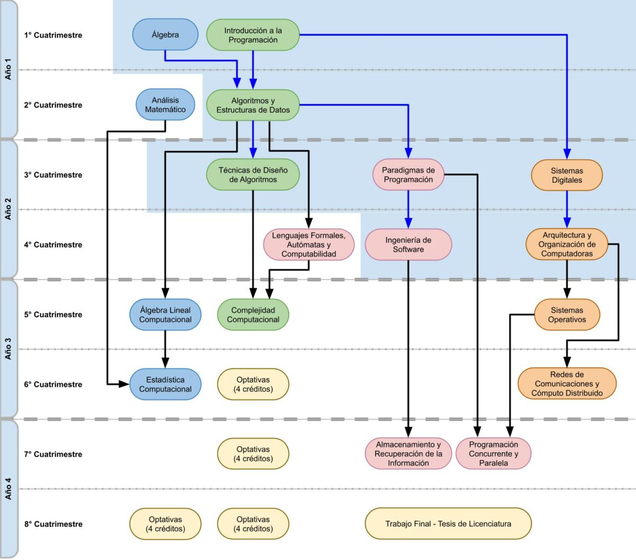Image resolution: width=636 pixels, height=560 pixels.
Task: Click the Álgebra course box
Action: (165, 35)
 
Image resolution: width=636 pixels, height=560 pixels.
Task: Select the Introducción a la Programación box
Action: (253, 35)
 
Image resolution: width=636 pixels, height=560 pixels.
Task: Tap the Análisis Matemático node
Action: (165, 105)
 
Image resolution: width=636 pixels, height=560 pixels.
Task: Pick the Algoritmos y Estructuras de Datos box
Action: (253, 105)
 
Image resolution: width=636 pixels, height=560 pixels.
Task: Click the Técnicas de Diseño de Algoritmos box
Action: (253, 175)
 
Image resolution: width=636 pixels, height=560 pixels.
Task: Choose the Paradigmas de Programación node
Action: (408, 175)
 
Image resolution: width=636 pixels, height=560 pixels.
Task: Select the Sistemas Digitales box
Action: (567, 175)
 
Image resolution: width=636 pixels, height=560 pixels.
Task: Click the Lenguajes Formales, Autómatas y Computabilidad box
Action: (308, 245)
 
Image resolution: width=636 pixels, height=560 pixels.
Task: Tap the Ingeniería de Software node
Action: (408, 245)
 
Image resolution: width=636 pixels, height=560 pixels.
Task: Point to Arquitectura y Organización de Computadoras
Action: (567, 244)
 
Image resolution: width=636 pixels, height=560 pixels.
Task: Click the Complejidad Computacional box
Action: (253, 315)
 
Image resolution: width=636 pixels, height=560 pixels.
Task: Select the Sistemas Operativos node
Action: (567, 315)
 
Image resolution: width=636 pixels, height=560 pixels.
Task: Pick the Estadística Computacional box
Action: (165, 384)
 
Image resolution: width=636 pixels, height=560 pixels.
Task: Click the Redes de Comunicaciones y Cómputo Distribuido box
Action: (567, 384)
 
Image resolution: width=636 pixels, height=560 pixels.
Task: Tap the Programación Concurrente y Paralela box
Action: (493, 454)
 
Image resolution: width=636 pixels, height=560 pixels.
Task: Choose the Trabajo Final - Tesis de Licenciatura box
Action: (448, 523)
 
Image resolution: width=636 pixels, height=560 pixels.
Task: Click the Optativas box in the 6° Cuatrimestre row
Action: (253, 384)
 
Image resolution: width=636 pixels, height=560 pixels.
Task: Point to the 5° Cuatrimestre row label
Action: (53, 315)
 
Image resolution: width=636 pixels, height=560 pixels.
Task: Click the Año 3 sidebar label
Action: (8, 349)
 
